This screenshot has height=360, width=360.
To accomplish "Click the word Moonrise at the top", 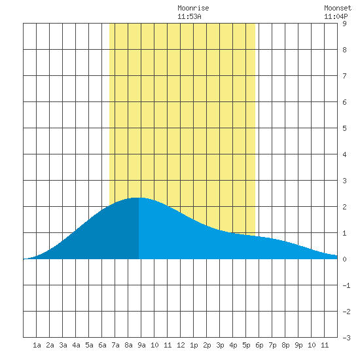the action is click(193, 9).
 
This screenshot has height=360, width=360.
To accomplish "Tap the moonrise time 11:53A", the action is click(189, 16).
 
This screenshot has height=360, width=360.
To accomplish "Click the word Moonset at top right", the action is click(338, 9).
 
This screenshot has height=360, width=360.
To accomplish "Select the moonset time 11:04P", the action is click(336, 16).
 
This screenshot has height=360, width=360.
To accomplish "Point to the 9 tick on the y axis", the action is click(344, 24).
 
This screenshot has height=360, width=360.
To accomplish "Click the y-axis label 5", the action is click(344, 128).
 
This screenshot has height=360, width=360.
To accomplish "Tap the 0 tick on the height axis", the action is click(344, 259).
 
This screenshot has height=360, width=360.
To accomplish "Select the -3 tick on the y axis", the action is click(346, 338).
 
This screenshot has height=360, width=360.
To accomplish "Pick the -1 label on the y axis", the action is click(346, 285).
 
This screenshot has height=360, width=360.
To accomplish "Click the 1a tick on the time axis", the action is click(37, 345).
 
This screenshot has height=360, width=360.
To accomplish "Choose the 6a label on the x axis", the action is click(102, 345).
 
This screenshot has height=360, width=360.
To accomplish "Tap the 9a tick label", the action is click(141, 345).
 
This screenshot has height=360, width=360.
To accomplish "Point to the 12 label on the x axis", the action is click(181, 345).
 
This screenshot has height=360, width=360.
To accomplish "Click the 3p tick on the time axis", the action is click(220, 345).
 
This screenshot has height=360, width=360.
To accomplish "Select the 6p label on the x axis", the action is click(259, 345).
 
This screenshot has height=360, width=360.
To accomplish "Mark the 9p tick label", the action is click(298, 345).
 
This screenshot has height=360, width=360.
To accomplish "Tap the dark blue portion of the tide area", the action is click(103, 236).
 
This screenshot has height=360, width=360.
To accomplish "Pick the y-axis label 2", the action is click(344, 207).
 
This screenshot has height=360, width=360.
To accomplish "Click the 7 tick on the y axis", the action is click(344, 76).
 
